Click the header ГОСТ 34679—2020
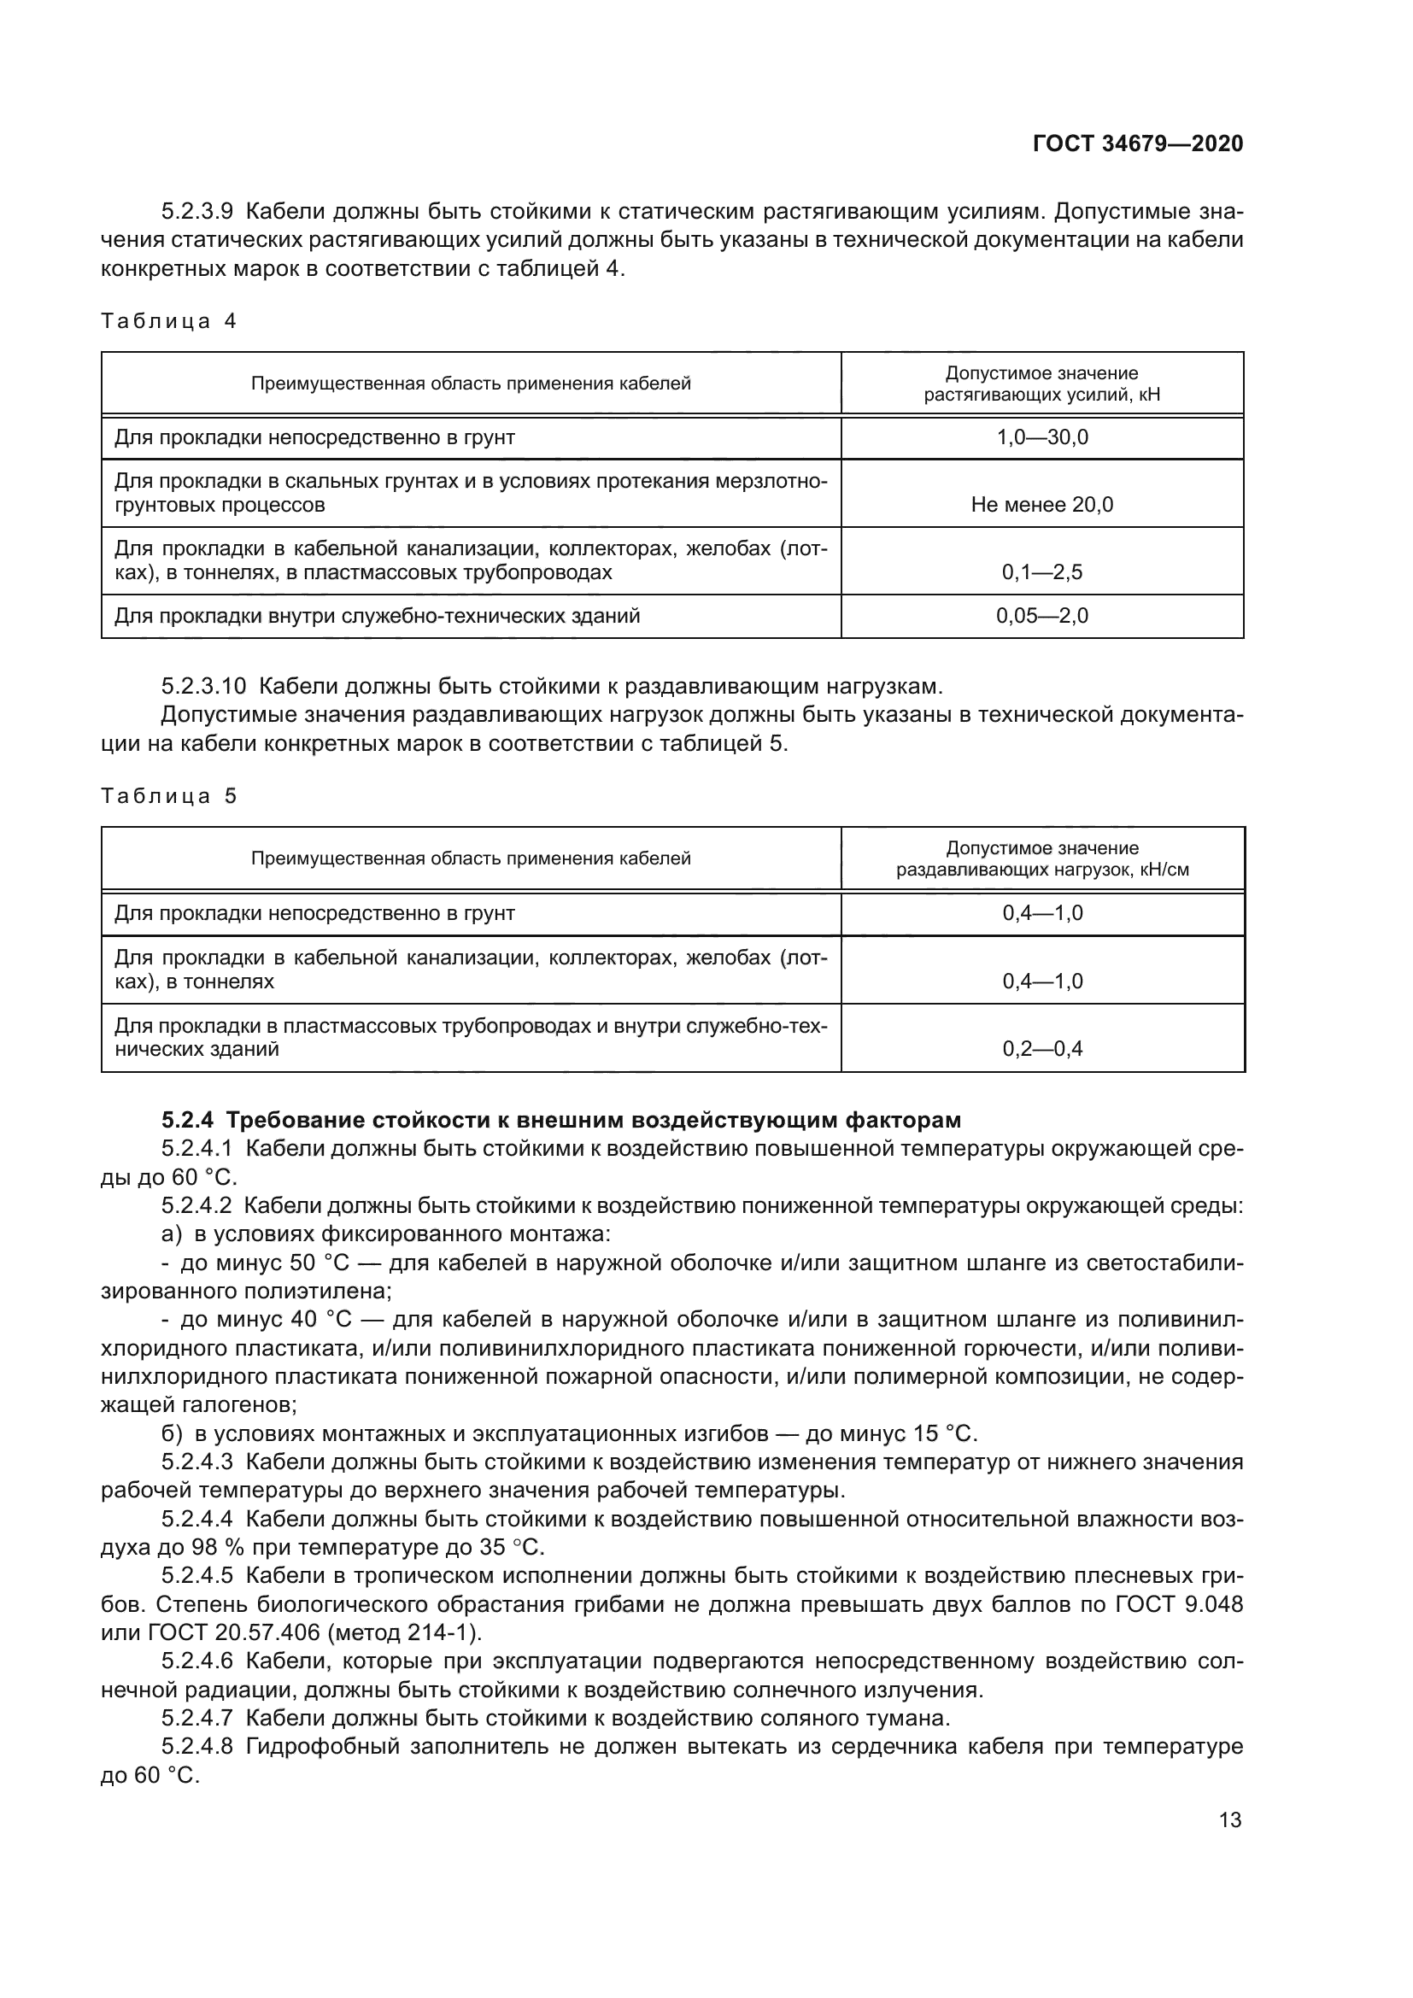[x=1137, y=144]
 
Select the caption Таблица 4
[x=169, y=321]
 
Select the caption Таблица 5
[x=169, y=796]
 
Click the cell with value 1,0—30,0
[x=1041, y=437]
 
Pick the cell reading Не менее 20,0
[x=1041, y=505]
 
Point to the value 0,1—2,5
[x=1041, y=572]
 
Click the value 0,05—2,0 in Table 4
[x=1041, y=616]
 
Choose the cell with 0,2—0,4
[x=1041, y=1049]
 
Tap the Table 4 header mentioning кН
[x=1041, y=384]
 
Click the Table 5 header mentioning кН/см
[x=1041, y=858]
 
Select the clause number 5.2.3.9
[x=196, y=212]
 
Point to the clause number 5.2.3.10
[x=203, y=687]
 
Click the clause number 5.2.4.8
[x=196, y=1747]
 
